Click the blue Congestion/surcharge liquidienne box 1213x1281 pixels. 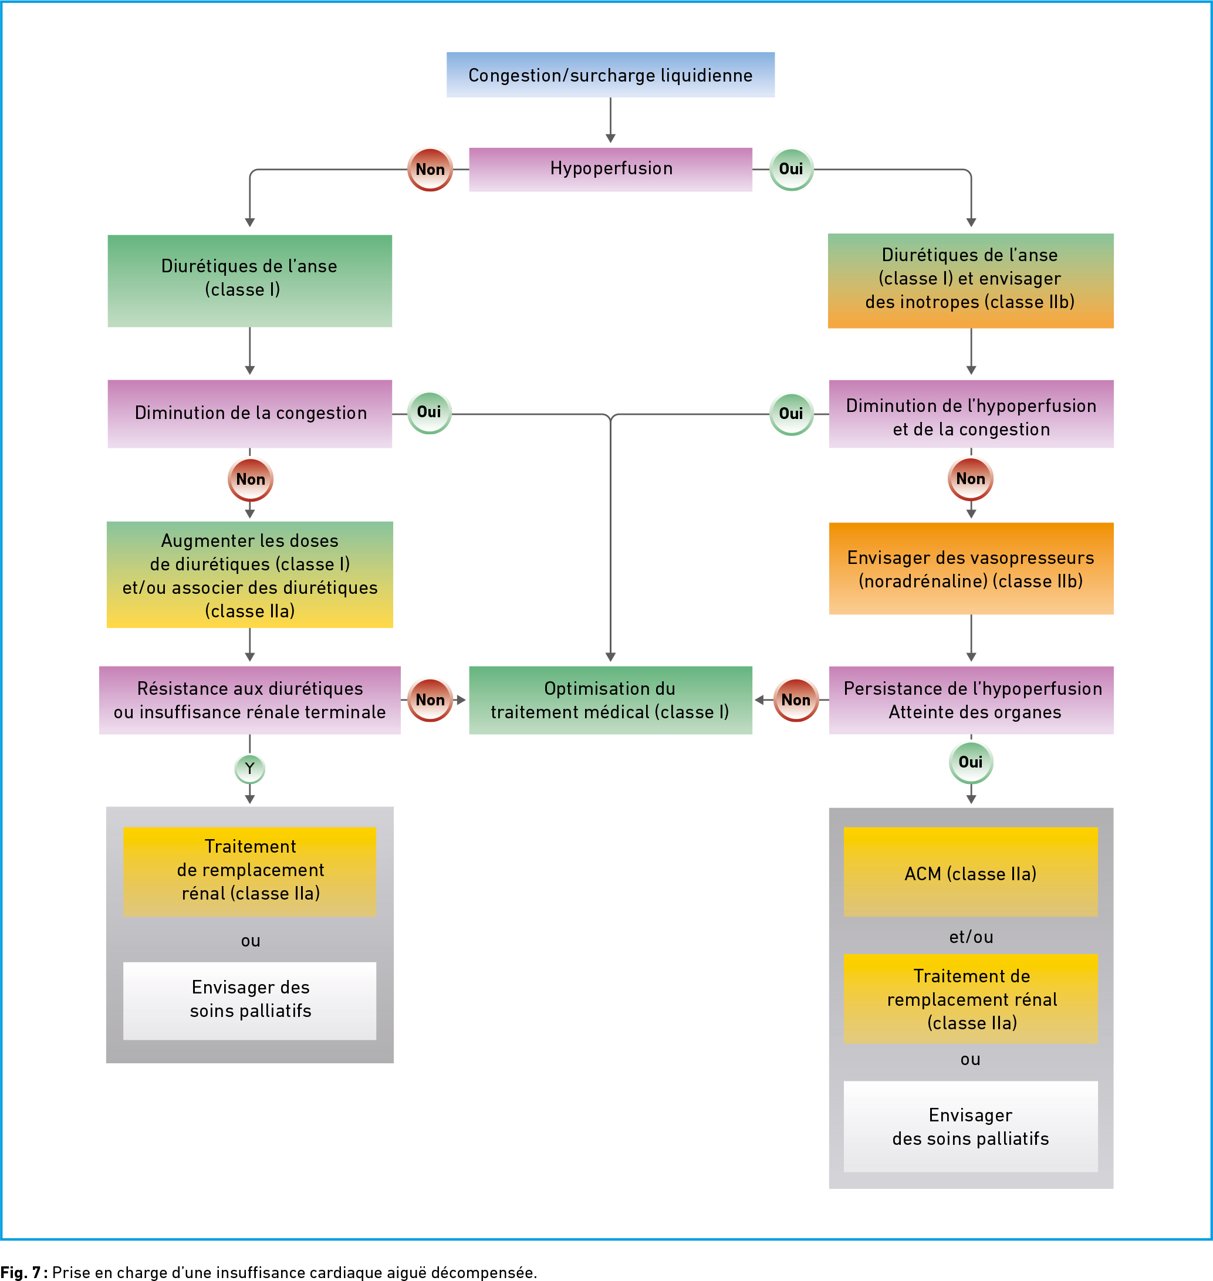[x=610, y=75]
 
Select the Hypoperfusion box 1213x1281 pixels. [x=610, y=170]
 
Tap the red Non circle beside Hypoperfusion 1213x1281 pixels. [x=430, y=170]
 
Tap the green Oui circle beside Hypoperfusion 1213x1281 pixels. [x=792, y=169]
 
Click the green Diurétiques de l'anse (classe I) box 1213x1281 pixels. [x=249, y=280]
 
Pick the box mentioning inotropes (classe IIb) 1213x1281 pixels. [x=971, y=280]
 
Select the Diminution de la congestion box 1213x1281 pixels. [x=249, y=414]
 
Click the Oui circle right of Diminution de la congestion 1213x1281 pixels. [x=430, y=413]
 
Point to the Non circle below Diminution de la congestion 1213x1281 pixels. [x=250, y=479]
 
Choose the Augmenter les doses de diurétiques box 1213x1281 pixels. [x=249, y=574]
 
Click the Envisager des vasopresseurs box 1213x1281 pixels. [x=971, y=569]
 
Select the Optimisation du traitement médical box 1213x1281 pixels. [x=610, y=700]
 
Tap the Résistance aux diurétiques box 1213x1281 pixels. [x=249, y=700]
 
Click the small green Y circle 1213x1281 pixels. [x=249, y=769]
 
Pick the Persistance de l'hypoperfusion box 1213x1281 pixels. [x=971, y=700]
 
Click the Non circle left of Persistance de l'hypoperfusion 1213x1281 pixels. [x=796, y=699]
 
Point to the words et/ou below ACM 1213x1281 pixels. [x=971, y=937]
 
